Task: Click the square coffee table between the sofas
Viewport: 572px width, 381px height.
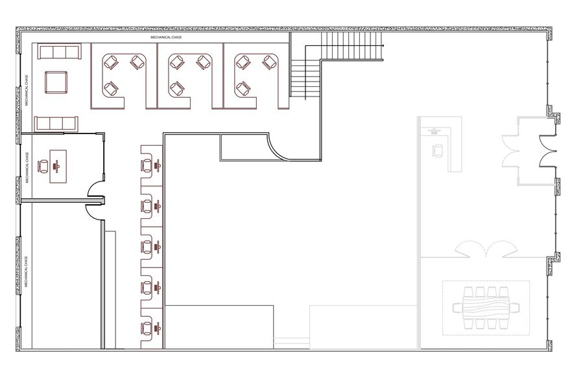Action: [x=55, y=83]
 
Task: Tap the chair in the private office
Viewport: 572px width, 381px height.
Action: [x=43, y=166]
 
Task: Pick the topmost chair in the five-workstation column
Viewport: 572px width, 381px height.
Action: [x=147, y=166]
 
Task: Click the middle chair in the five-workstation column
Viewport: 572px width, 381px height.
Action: [x=147, y=246]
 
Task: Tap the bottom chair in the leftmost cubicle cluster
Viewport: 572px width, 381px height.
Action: [x=112, y=87]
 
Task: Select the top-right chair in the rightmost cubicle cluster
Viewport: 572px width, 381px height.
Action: [x=269, y=62]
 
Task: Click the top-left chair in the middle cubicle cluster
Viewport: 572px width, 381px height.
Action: [x=175, y=63]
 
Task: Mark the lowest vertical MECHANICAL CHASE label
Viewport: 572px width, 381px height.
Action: [x=26, y=272]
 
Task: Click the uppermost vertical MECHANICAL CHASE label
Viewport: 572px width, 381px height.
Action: [x=26, y=91]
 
